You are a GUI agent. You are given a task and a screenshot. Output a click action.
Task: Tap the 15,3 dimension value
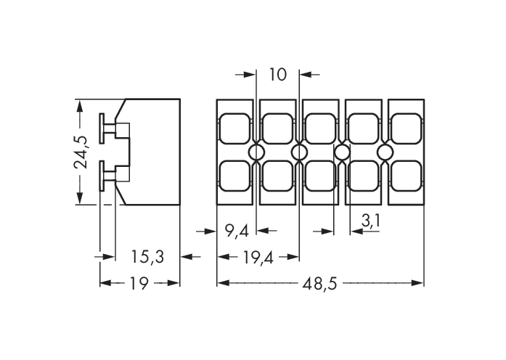tap(147, 257)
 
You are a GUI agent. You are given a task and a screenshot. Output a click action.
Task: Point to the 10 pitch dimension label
tap(278, 74)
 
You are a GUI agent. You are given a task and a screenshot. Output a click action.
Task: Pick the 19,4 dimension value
tap(258, 257)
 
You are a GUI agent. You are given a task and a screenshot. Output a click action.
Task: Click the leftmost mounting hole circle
tap(256, 152)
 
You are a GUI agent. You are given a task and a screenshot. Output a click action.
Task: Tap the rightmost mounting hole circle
tap(385, 152)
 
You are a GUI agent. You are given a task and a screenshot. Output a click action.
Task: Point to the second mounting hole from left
tap(299, 152)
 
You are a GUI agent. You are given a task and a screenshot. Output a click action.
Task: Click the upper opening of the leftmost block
tap(235, 128)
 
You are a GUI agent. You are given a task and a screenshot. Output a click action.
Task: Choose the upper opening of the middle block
tap(320, 128)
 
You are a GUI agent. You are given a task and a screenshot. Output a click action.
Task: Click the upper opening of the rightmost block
tap(407, 128)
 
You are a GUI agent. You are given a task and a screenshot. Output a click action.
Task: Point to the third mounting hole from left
tap(342, 152)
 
